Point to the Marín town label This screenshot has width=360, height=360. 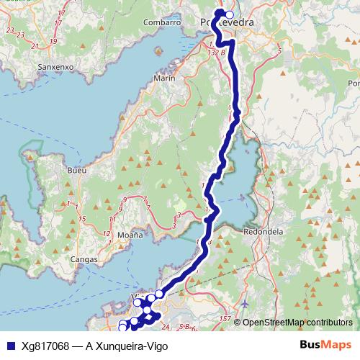click(x=164, y=78)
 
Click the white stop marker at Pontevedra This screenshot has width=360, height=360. click(x=230, y=14)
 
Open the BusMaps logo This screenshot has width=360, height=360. click(x=325, y=345)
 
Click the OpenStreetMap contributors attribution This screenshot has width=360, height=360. click(x=297, y=323)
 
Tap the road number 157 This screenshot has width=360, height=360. click(x=225, y=318)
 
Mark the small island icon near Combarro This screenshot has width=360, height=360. click(x=156, y=50)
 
